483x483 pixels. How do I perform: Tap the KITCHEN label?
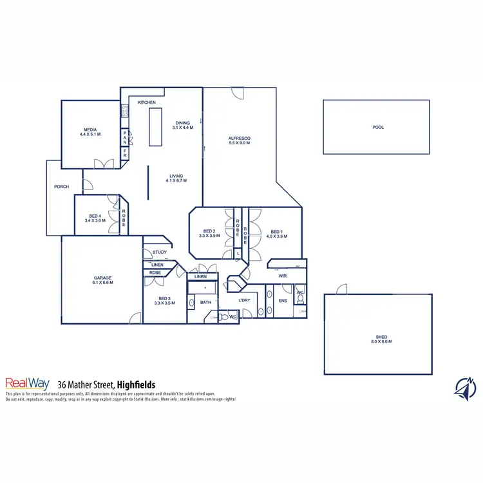point(147,102)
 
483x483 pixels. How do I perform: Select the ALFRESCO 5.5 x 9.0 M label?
point(239,141)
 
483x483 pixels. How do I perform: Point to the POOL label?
point(378,128)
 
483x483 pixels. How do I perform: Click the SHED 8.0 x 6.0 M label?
point(378,339)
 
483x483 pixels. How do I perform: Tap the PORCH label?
point(61,187)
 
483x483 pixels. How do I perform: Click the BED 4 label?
point(94,218)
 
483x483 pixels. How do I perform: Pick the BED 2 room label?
point(210,234)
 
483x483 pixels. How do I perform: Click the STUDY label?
point(160,252)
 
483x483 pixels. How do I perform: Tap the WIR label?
point(282,276)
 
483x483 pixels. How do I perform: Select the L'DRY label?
point(244,301)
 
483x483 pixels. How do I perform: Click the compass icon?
point(465,388)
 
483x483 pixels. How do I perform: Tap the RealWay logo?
point(27,383)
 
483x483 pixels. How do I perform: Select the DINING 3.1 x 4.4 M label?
point(183,125)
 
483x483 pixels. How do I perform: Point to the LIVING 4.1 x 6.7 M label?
point(176,178)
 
